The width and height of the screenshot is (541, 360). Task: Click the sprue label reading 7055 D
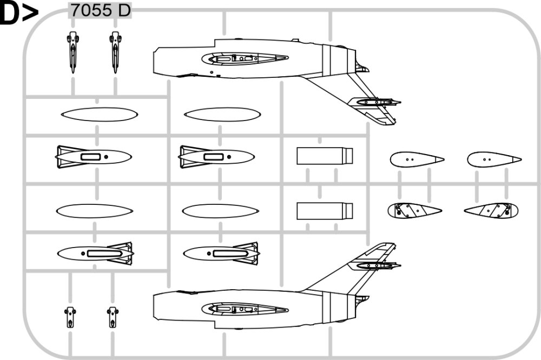click(x=101, y=10)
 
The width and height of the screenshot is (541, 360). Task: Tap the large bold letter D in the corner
click(x=10, y=14)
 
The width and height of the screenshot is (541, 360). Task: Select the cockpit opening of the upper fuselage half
click(x=245, y=58)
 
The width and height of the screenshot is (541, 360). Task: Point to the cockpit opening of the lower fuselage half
click(x=245, y=309)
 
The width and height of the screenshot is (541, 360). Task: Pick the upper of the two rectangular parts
click(x=325, y=156)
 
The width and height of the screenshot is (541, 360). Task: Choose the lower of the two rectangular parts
click(x=325, y=211)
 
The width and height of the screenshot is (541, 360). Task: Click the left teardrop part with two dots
click(x=417, y=159)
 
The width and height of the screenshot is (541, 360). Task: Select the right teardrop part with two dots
click(x=494, y=159)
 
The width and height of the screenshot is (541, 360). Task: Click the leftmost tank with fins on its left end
click(x=94, y=157)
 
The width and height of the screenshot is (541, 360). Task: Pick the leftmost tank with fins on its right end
click(x=95, y=254)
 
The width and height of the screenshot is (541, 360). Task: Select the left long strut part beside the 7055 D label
click(x=72, y=52)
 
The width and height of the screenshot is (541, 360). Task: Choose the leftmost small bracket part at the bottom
click(x=70, y=317)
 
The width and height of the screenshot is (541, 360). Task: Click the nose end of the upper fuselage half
click(x=154, y=61)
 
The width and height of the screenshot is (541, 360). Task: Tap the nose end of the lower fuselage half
click(x=154, y=306)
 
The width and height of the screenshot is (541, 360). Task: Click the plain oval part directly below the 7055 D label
click(x=100, y=115)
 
